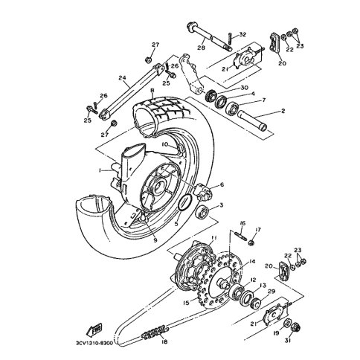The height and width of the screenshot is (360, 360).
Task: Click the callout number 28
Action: click(x=202, y=47)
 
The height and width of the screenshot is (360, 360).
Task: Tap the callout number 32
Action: click(x=242, y=34)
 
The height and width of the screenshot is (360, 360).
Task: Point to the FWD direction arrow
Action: click(x=94, y=330)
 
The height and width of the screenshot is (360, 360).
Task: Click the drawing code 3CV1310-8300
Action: click(x=94, y=344)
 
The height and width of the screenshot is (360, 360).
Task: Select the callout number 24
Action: click(x=122, y=78)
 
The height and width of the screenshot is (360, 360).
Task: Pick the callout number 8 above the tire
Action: click(x=152, y=91)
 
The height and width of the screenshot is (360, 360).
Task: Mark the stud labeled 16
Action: click(x=240, y=235)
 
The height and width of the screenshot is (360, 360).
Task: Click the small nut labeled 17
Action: click(x=251, y=242)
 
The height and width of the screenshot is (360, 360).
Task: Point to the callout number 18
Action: click(x=164, y=342)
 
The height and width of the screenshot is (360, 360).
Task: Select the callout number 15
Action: click(x=186, y=303)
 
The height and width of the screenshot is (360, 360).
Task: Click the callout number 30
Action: click(x=244, y=88)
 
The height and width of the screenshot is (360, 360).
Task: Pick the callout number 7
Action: click(x=263, y=100)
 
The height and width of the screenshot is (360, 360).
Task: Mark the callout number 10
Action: click(x=165, y=144)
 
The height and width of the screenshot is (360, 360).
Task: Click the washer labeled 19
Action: click(x=288, y=323)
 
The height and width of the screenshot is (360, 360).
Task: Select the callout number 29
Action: click(x=271, y=291)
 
